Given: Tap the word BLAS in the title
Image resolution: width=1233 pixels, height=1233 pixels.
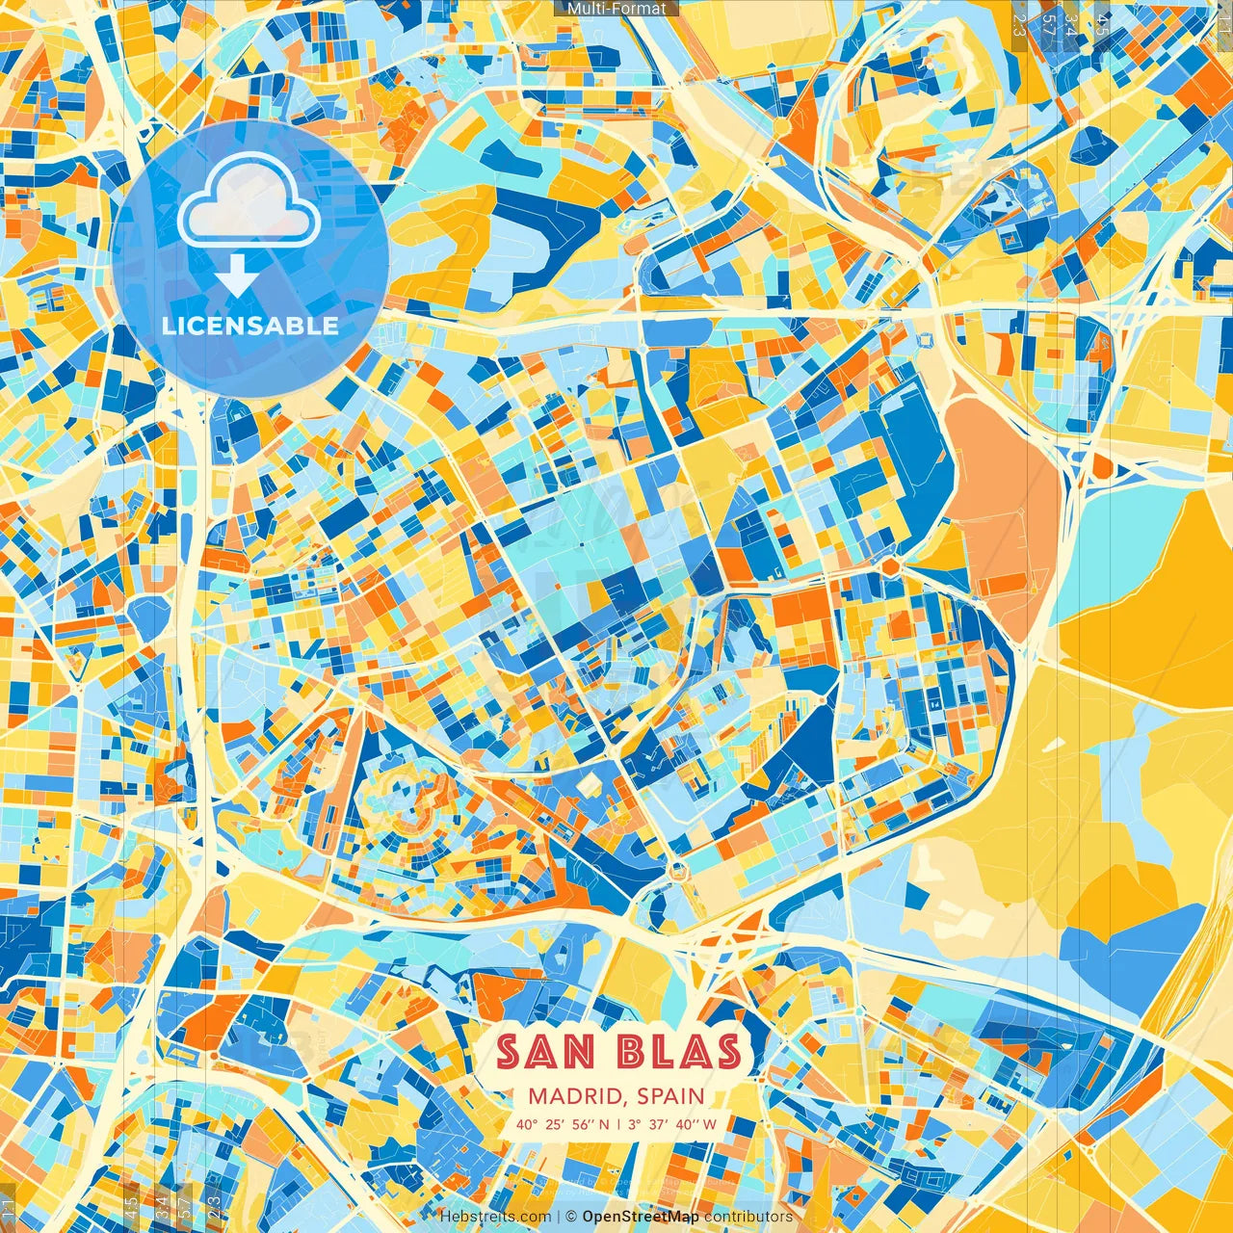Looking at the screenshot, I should (680, 1052).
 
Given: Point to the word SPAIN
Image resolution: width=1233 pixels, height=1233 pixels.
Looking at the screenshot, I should (670, 1096).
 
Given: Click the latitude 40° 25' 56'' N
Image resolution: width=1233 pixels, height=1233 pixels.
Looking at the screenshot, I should (563, 1124).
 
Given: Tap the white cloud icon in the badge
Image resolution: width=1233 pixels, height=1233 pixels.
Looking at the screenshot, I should (249, 201).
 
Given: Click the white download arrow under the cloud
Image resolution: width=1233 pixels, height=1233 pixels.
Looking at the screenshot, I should (234, 277).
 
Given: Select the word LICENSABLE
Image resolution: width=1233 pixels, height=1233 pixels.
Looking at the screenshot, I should (249, 326).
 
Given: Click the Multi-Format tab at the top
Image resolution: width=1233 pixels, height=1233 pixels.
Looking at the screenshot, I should (616, 8).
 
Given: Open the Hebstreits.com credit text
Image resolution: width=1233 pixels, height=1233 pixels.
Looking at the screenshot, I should (495, 1217).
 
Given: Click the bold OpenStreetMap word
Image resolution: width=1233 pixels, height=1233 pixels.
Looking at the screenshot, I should (641, 1217).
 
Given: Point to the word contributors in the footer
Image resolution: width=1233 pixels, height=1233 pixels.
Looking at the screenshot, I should (748, 1217).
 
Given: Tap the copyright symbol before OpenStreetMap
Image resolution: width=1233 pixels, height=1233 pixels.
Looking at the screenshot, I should (570, 1217).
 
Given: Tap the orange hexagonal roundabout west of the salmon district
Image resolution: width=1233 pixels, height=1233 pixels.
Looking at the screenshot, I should (891, 567).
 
